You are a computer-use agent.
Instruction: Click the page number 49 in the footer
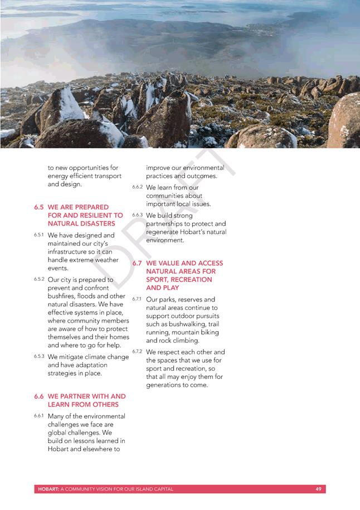coord(318,489)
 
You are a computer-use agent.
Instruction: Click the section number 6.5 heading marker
coord(38,207)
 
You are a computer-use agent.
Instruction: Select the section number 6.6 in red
coord(38,396)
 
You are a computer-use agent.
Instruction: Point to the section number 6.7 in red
coord(137,263)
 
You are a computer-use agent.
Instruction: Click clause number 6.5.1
coord(39,235)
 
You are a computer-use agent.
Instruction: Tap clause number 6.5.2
coord(39,279)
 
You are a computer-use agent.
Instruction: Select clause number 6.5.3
coord(39,356)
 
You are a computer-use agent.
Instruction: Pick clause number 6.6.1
coord(39,416)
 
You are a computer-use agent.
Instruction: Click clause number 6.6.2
coord(137,187)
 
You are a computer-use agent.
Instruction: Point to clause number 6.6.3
coord(137,215)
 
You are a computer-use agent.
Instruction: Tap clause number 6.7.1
coord(137,299)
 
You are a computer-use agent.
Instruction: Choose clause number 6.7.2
coord(137,352)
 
